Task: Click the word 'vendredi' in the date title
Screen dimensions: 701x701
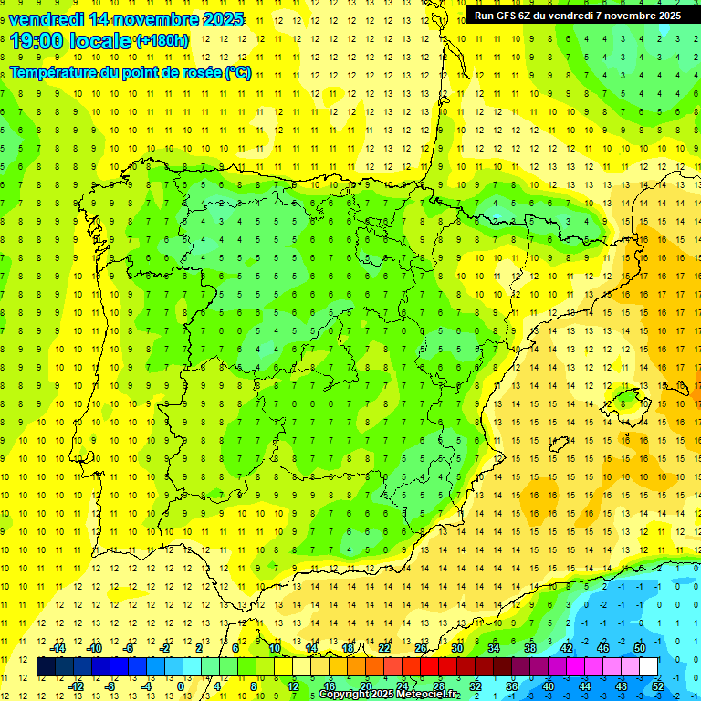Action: click(x=46, y=19)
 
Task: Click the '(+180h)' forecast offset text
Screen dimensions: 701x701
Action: click(x=162, y=40)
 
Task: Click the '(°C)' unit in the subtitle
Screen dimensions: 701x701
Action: click(x=237, y=73)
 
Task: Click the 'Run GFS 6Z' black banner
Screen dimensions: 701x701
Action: click(x=578, y=15)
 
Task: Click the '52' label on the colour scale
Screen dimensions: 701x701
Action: click(x=658, y=686)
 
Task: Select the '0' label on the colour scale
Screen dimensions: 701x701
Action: click(x=181, y=686)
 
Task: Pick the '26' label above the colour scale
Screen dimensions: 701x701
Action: click(x=421, y=648)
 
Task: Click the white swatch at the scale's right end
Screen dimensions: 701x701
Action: click(x=649, y=667)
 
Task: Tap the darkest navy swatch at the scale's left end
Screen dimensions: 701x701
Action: click(x=46, y=667)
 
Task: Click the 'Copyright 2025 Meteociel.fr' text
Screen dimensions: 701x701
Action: click(x=390, y=695)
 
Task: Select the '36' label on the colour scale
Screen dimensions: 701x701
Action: click(x=511, y=686)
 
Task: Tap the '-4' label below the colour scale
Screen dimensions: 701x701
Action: click(x=144, y=686)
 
